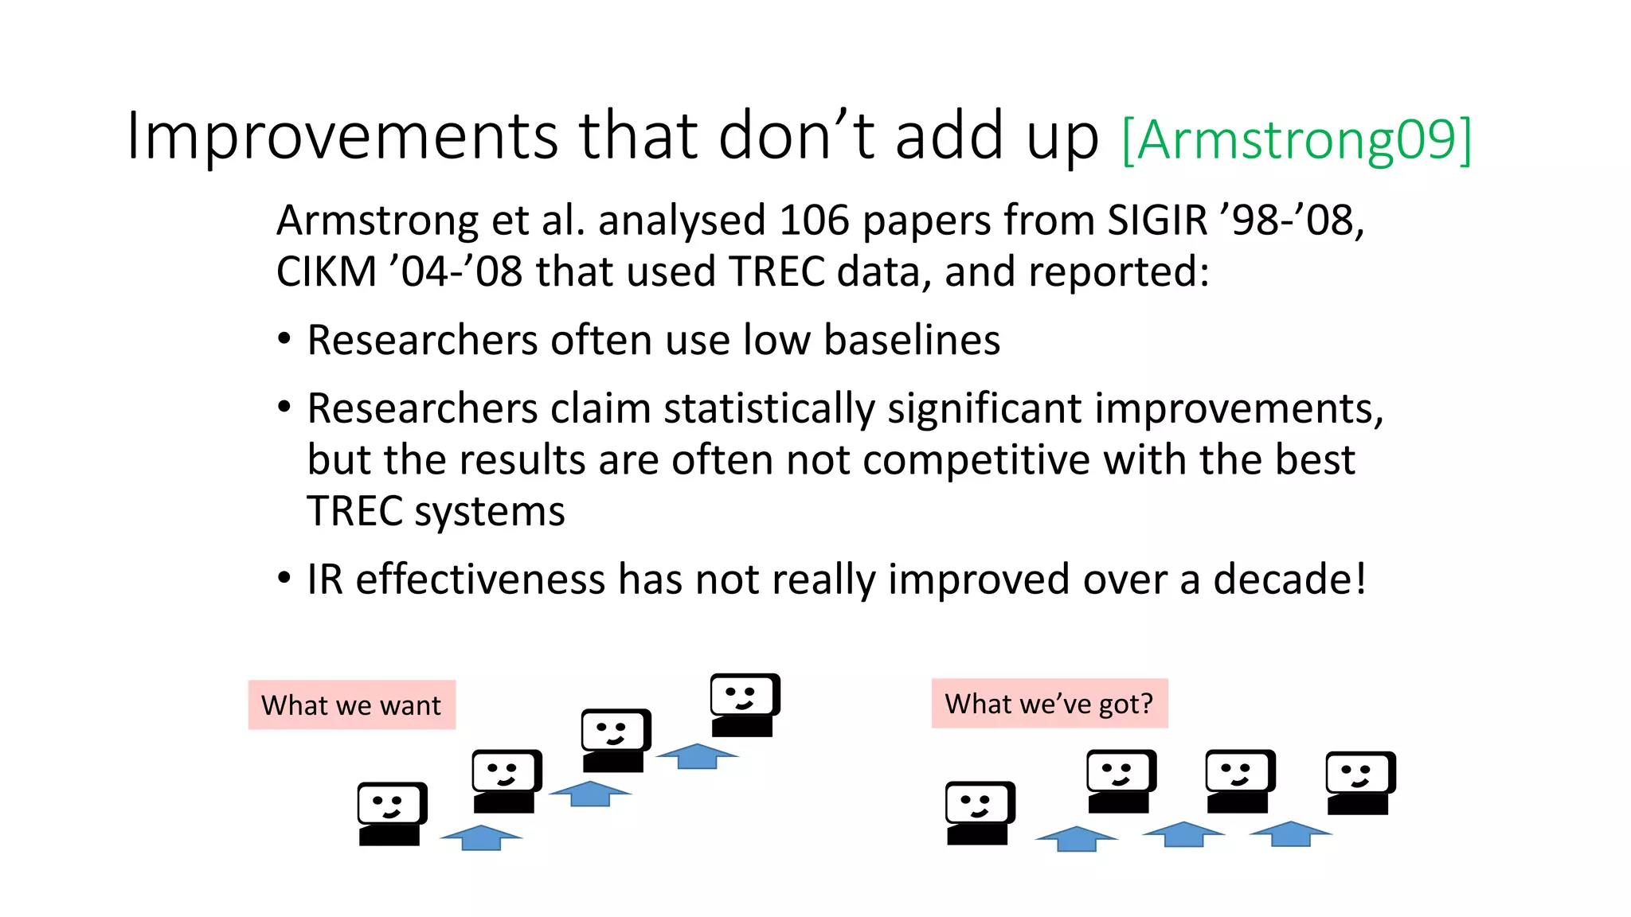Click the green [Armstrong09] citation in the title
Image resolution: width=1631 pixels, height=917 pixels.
1296,140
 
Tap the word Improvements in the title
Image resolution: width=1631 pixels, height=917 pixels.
342,135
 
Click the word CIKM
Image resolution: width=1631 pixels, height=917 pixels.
326,272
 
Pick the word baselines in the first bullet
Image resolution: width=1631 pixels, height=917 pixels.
911,341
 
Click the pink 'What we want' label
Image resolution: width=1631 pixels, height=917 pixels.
351,705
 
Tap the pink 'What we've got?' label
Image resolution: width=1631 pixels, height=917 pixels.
1049,704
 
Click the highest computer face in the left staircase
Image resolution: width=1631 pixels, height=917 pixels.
744,704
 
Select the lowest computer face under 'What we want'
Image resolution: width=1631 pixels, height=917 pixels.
391,813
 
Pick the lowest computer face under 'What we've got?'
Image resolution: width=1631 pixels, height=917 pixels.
979,812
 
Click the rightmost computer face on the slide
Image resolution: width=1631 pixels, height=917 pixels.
1359,782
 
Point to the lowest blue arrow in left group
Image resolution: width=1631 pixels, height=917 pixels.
481,837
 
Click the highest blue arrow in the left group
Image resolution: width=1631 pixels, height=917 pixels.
697,755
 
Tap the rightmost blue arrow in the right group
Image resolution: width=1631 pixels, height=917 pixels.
1290,833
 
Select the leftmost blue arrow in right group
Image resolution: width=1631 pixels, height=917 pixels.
1076,838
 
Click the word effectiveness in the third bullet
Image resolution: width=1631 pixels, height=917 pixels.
479,579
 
